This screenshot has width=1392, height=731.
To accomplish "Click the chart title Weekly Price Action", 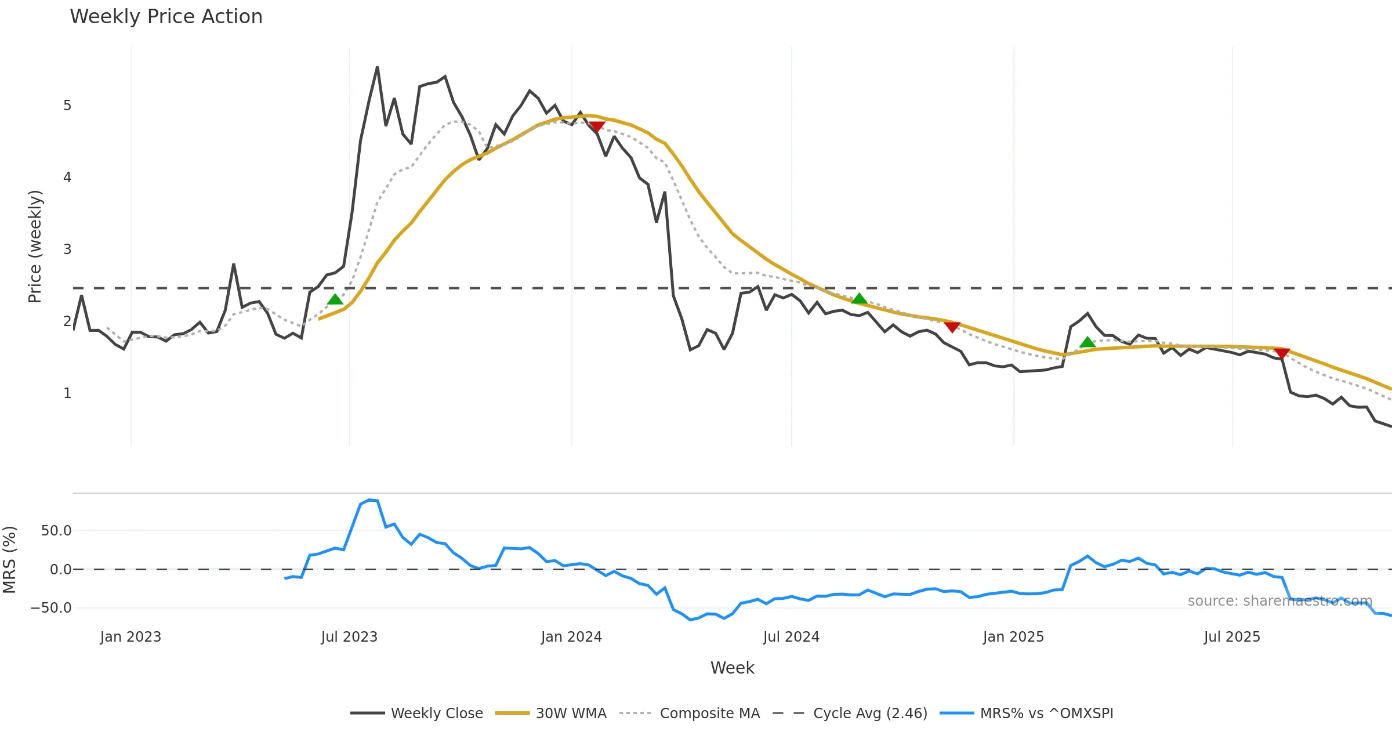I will pos(166,17).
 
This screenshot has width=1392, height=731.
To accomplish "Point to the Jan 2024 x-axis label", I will pos(571,637).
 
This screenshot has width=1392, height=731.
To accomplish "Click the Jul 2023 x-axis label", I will pos(349,637).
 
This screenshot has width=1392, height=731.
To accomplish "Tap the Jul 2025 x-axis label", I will pos(1232,637).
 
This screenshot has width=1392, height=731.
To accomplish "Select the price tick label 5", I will pos(67,106).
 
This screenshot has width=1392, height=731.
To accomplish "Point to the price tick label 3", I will pos(67,249).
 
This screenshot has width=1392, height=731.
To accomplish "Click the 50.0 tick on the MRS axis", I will pos(56,531).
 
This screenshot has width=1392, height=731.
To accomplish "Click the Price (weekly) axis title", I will pos(35,247).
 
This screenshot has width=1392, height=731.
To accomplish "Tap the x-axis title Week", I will pos(732,668).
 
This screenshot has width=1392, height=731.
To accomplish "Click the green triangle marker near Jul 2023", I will pos(335,299).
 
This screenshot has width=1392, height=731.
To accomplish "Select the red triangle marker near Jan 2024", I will pos(597,126).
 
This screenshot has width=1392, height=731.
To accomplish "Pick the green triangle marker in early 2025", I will pos(1087,342).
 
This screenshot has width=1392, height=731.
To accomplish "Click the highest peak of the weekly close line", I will pos(378,67).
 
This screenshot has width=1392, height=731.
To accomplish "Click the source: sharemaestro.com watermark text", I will pos(1279,601).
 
